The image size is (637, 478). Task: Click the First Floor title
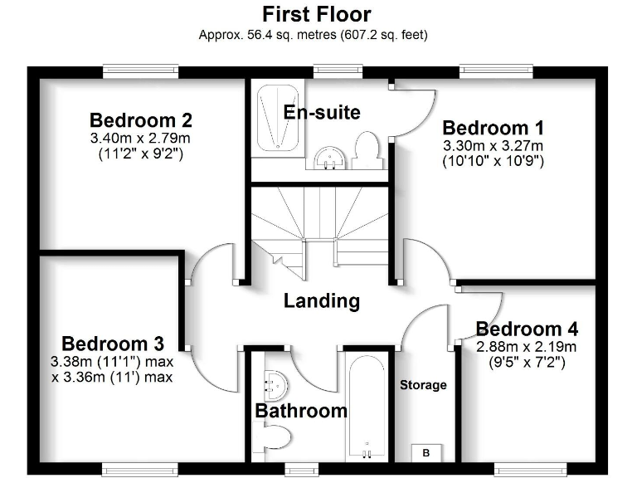click(317, 14)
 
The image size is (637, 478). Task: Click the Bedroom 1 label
click(493, 128)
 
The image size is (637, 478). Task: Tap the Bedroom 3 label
click(113, 344)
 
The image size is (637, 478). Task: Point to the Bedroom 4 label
click(527, 329)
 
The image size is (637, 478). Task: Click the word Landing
click(322, 300)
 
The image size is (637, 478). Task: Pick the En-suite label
click(322, 112)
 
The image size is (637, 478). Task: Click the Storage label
click(423, 385)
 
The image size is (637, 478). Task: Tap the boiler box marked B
click(426, 453)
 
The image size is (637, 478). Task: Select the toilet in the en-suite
click(366, 149)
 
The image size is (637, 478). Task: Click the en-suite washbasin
click(331, 157)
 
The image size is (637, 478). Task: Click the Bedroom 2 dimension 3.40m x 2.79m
click(141, 138)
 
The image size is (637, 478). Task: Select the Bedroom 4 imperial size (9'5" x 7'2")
click(527, 362)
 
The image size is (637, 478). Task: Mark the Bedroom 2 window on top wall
click(141, 71)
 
